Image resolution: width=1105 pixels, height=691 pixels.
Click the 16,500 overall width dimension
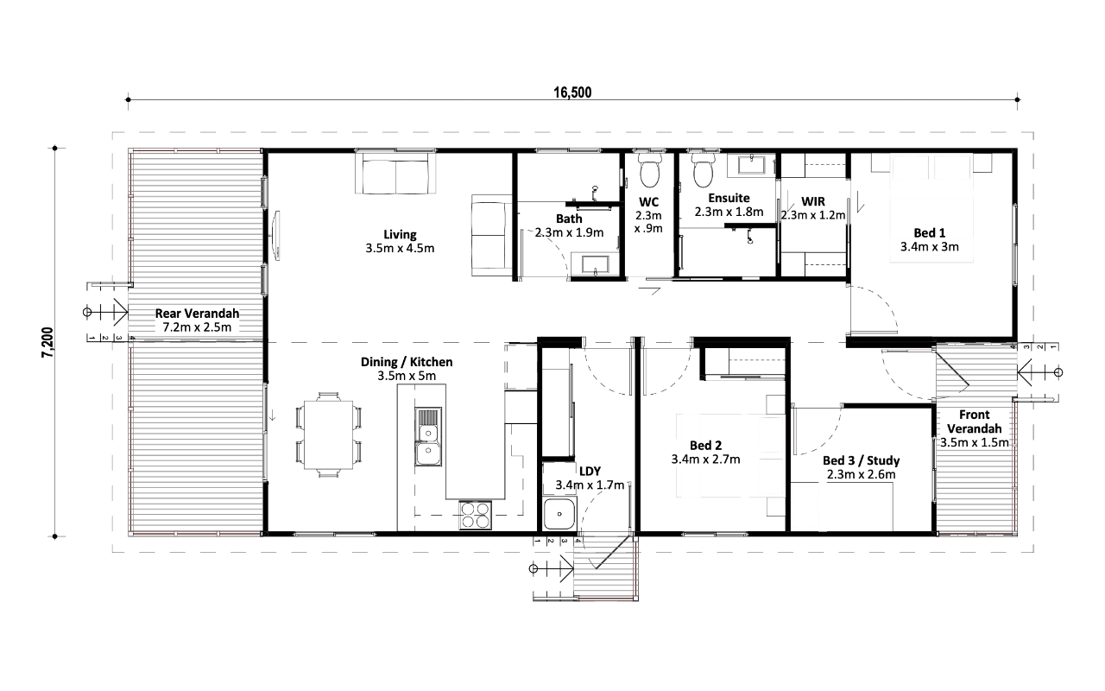click(x=572, y=92)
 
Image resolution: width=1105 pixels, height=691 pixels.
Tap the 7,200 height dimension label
click(x=47, y=342)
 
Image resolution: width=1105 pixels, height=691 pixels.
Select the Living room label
click(x=400, y=234)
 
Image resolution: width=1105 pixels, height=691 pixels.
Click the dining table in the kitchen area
click(x=329, y=434)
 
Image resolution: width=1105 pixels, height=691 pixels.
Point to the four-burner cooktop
click(x=475, y=515)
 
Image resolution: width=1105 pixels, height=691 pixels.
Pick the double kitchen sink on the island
click(x=427, y=437)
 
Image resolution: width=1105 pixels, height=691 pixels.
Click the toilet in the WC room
click(x=648, y=170)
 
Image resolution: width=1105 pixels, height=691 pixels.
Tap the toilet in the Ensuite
click(x=703, y=170)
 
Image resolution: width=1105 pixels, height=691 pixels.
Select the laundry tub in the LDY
click(x=559, y=514)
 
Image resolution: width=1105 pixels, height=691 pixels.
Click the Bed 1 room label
click(x=930, y=232)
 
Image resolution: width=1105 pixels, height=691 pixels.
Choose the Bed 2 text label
click(x=705, y=445)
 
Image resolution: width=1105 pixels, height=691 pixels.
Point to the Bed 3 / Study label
click(x=861, y=460)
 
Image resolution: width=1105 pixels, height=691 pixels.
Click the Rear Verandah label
click(x=197, y=313)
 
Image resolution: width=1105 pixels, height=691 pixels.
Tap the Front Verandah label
click(x=975, y=422)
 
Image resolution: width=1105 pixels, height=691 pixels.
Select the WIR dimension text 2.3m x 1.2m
click(x=813, y=215)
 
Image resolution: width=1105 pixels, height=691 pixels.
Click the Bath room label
click(x=569, y=219)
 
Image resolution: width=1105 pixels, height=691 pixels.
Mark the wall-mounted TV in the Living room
click(x=277, y=235)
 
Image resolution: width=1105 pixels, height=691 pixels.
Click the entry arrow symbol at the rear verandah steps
click(x=105, y=312)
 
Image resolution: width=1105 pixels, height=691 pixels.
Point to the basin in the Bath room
click(x=595, y=264)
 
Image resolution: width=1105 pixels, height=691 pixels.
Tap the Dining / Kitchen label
click(x=407, y=362)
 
